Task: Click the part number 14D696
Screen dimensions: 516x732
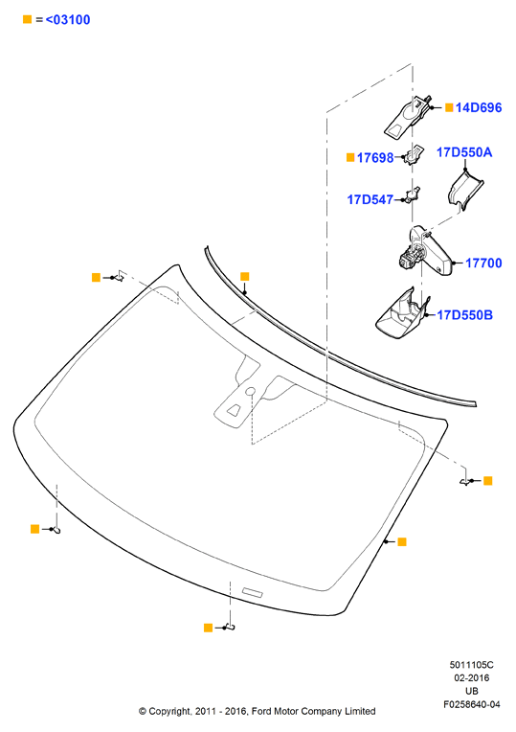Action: coord(479,108)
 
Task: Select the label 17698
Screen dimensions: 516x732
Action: coord(375,158)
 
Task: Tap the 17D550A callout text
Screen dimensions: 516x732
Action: coord(464,152)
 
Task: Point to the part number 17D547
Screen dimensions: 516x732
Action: coord(370,200)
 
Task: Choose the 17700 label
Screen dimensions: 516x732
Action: coord(483,263)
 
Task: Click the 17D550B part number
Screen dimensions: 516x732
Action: coord(464,315)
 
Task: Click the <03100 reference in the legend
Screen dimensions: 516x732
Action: coord(68,19)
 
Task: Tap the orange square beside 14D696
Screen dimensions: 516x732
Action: coord(449,108)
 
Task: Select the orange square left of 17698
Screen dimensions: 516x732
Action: coord(350,158)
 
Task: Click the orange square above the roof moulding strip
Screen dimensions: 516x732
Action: coord(244,277)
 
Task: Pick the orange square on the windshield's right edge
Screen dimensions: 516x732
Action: coord(402,542)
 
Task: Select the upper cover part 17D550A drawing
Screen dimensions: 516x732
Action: coord(465,190)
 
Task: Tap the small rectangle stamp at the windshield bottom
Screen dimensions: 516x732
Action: coord(253,592)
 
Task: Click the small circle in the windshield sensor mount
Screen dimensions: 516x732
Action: coord(250,391)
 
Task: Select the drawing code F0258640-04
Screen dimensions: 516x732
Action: coord(472,704)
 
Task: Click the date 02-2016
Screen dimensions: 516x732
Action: coord(472,677)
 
